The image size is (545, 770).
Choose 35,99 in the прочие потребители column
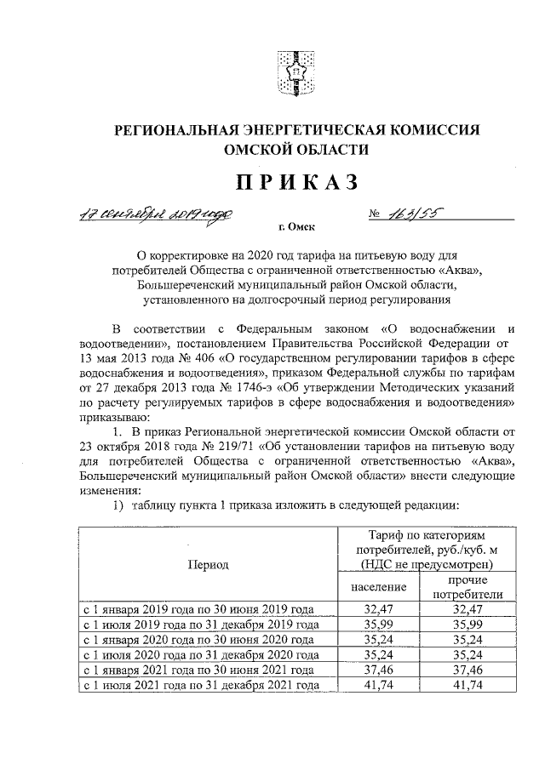coord(467,625)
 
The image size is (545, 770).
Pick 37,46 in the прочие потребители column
coord(467,670)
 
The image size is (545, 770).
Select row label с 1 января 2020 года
coord(198,641)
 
